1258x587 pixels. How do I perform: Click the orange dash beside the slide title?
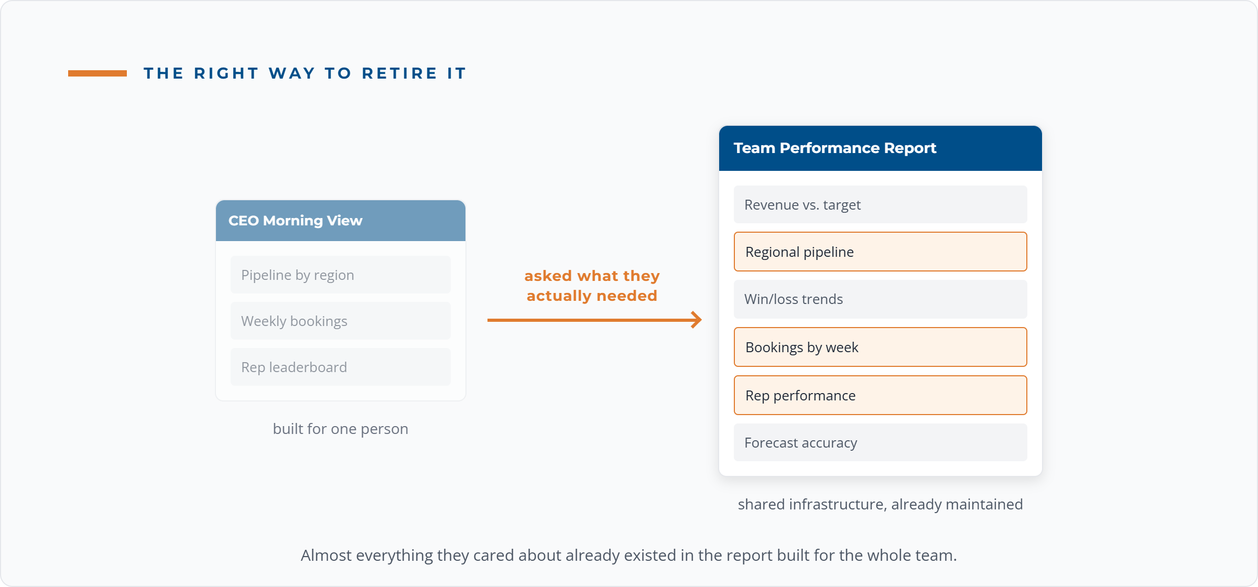tap(97, 73)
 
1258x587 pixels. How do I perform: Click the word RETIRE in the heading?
tap(399, 73)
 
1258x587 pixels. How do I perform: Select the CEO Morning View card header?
tap(341, 221)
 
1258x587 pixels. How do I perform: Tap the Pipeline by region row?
tap(341, 275)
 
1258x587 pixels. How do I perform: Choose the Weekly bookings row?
tap(341, 321)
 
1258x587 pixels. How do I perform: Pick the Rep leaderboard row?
tap(341, 367)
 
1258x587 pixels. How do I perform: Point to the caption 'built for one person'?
tap(341, 429)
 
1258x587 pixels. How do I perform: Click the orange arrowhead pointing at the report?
tap(697, 320)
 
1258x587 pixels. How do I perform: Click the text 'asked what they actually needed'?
tap(592, 286)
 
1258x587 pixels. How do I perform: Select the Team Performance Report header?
tap(881, 148)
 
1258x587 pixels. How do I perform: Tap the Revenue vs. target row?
tap(881, 204)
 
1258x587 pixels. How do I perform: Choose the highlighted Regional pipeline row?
tap(881, 252)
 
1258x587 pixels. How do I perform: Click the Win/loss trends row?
tap(881, 299)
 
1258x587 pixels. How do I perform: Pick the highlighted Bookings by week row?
tap(881, 347)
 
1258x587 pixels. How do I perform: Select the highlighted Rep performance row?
tap(881, 395)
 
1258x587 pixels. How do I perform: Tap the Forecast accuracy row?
tap(881, 442)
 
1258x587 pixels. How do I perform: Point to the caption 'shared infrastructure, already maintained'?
tap(881, 504)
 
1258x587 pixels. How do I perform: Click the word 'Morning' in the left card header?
tap(293, 221)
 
